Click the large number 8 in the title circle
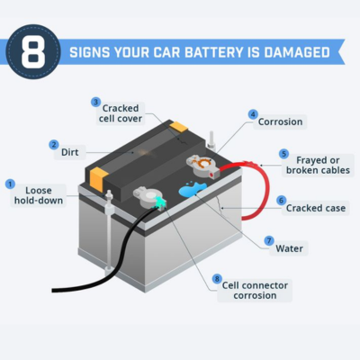pos(33,51)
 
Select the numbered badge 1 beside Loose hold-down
pos(11,184)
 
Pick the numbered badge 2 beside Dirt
pos(54,145)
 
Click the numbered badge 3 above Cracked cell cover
pos(96,102)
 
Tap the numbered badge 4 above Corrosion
pos(253,114)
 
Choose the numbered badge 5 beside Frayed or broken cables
pos(284,154)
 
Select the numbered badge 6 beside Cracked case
pos(281,200)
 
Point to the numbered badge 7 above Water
pos(268,240)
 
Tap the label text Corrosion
pos(281,121)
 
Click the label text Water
pos(289,247)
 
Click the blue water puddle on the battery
pos(192,190)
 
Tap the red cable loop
pos(262,193)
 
